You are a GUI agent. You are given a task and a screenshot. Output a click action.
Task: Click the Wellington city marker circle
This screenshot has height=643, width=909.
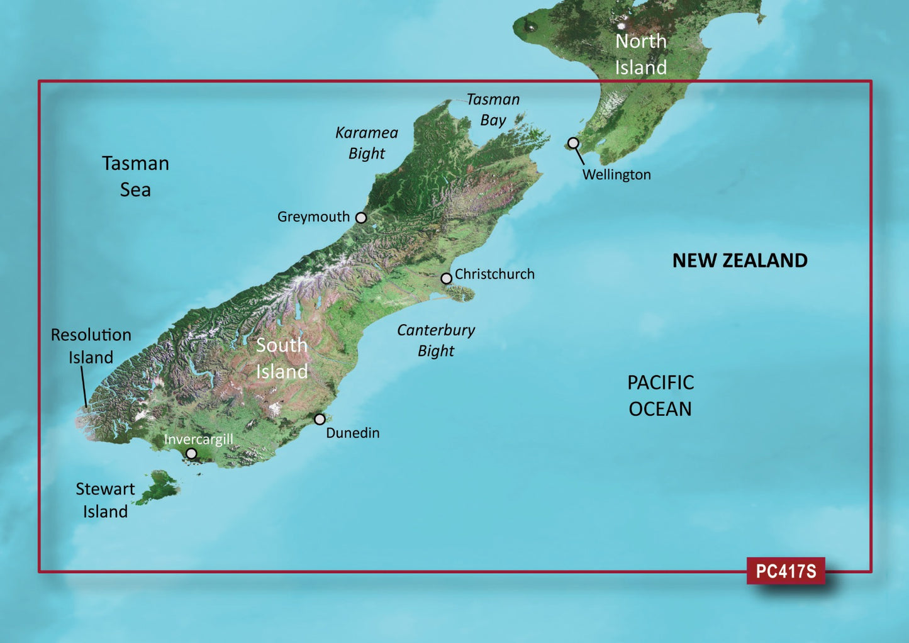click(573, 143)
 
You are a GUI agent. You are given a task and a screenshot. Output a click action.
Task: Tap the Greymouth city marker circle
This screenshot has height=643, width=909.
click(361, 218)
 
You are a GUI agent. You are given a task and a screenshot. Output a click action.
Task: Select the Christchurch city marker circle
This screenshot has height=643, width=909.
click(446, 278)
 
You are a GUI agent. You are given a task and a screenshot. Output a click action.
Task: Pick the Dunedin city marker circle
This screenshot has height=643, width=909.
click(320, 419)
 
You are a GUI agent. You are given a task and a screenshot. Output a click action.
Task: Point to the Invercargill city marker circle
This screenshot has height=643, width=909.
click(191, 454)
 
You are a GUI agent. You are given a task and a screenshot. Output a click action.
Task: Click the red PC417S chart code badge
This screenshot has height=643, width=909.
click(786, 571)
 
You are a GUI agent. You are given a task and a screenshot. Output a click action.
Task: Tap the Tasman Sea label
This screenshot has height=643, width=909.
click(135, 176)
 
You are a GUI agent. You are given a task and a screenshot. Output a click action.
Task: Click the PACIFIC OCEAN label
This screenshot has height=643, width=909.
click(661, 395)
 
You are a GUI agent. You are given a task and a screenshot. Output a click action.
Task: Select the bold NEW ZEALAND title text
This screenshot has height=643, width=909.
click(740, 260)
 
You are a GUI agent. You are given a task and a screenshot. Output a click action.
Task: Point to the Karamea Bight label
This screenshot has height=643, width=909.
click(367, 143)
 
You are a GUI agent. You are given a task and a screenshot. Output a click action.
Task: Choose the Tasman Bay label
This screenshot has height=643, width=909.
click(493, 109)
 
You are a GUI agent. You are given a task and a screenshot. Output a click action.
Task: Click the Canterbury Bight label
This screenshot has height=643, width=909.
click(436, 340)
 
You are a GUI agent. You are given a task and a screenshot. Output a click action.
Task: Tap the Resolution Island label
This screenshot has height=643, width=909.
click(91, 345)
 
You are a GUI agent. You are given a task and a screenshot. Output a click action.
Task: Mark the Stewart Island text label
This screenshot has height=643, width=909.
click(105, 500)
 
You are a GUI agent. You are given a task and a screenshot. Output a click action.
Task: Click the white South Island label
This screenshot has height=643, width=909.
click(281, 358)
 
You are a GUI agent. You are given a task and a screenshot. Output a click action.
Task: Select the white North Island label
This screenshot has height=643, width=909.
click(640, 54)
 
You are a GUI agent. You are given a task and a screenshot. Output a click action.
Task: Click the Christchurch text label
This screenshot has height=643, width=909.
click(494, 274)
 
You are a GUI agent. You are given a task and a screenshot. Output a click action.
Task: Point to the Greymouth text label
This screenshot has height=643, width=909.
click(313, 217)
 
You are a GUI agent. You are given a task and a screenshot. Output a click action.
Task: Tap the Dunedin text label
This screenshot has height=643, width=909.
click(353, 433)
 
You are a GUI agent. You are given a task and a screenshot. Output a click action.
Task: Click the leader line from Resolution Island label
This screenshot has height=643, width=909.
click(84, 387)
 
